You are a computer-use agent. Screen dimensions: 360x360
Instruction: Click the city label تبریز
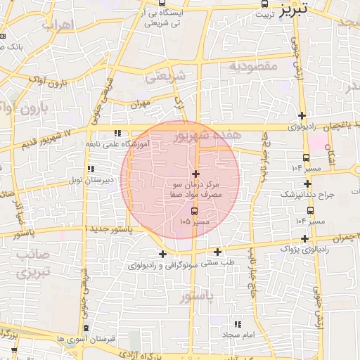point(293,10)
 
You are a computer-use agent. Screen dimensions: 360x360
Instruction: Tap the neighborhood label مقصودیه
point(254,66)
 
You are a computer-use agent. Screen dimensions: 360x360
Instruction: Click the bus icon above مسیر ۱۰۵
point(195,210)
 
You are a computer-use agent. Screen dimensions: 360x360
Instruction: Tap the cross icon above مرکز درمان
point(195,173)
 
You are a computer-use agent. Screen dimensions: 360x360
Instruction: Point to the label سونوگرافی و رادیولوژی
point(160,266)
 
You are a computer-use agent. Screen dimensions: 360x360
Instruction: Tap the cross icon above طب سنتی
point(217,252)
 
